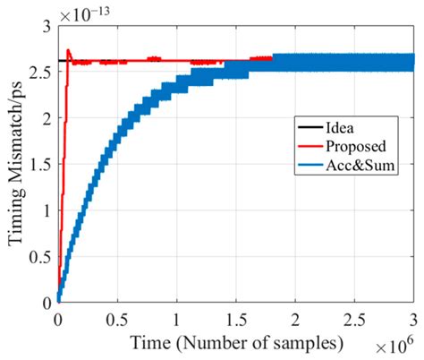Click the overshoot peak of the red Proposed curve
(x=69, y=50)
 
